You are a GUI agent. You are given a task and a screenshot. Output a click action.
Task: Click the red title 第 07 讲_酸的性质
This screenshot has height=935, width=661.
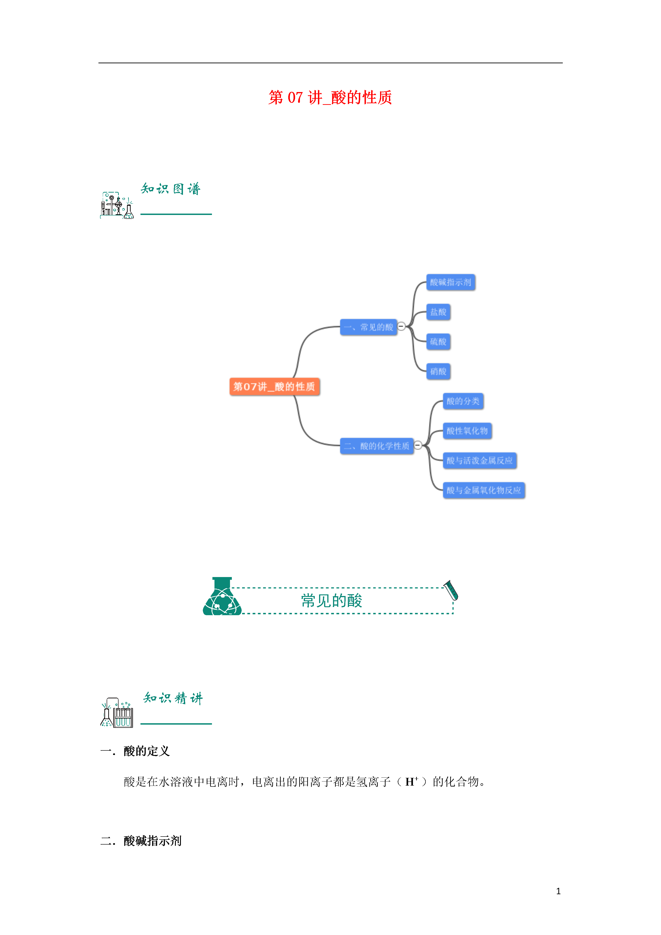330,98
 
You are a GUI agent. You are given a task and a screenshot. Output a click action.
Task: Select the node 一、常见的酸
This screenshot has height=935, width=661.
368,327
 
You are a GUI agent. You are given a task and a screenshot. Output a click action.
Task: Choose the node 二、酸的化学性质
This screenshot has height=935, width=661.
376,446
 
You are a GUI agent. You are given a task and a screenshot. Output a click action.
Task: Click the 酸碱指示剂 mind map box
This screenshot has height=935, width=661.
450,282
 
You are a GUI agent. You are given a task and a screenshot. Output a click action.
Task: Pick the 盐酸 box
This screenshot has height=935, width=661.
438,312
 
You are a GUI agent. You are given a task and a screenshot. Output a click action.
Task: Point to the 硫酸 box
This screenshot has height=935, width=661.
438,342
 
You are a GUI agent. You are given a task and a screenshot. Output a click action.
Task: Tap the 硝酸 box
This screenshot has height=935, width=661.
438,371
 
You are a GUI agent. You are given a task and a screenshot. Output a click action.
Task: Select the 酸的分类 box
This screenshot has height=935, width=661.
463,401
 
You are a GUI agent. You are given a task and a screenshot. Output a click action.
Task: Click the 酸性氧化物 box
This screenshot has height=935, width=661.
467,431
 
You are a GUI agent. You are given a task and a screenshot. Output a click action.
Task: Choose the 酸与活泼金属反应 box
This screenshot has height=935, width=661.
479,461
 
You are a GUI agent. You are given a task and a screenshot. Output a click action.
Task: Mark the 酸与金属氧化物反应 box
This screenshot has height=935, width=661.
484,490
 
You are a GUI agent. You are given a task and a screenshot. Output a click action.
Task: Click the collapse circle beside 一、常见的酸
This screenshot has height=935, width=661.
401,326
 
